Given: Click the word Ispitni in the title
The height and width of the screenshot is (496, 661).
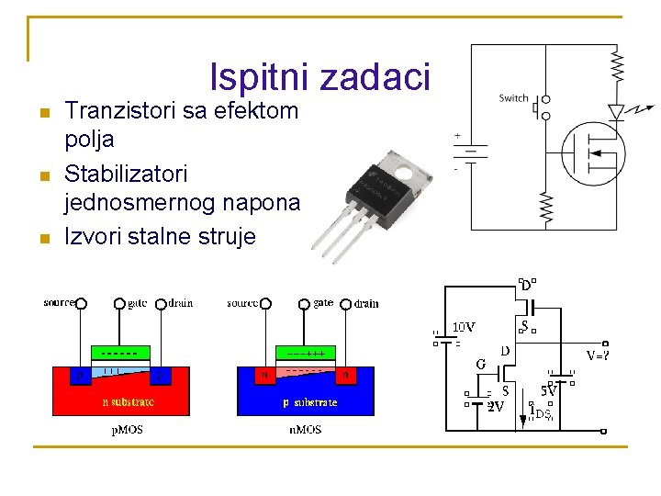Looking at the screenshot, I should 260,77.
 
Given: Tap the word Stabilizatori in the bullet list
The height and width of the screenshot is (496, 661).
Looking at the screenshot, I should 126,174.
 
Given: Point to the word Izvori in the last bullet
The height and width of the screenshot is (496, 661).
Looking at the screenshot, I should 95,236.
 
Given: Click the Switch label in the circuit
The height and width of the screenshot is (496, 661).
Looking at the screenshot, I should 513,98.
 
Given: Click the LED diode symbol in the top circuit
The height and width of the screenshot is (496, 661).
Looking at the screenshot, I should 617,112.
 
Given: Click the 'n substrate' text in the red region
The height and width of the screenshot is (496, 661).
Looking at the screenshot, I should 128,401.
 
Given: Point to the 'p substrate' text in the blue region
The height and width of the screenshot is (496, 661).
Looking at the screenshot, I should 309,401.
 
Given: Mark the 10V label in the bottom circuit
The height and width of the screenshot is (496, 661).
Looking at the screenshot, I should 465,326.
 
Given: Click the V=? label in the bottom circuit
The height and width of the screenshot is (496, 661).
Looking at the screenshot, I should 599,353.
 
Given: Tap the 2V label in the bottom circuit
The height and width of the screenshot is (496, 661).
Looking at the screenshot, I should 495,406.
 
